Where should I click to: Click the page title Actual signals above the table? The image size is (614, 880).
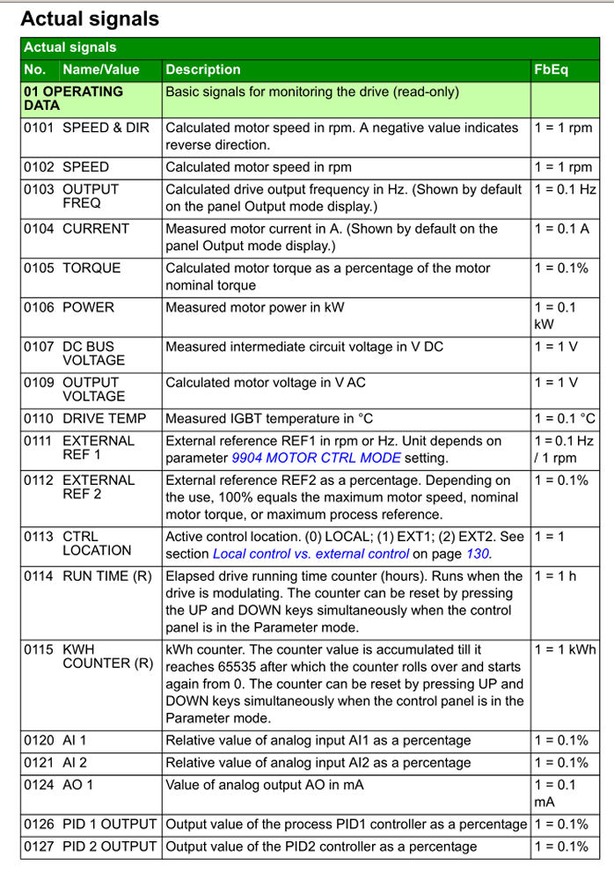coord(90,18)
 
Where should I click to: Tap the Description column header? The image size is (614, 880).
coord(203,70)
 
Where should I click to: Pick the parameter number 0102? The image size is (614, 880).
coord(39,167)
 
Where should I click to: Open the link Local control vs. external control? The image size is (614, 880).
coord(311,554)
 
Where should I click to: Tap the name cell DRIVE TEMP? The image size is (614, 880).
coord(105,419)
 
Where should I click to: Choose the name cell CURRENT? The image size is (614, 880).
coord(96,229)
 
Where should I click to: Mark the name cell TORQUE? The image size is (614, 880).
coord(91,268)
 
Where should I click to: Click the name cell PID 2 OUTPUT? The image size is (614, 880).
coord(109,847)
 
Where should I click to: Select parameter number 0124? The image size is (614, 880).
coord(39,785)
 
